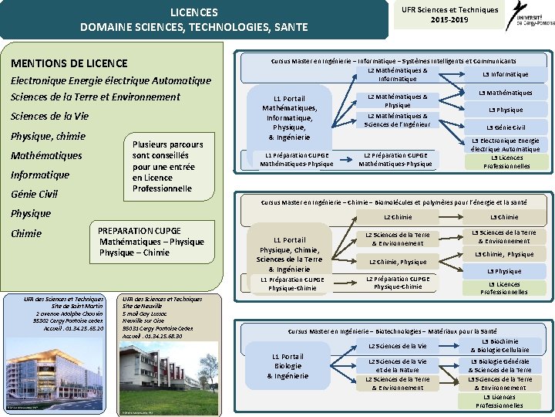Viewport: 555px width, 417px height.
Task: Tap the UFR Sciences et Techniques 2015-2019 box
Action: (449, 14)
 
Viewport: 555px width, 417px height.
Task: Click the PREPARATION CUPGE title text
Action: (140, 230)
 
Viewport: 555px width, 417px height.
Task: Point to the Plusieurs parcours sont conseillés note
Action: (167, 166)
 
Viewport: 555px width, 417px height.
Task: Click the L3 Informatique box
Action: (506, 74)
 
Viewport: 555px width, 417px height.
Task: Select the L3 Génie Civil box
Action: (506, 127)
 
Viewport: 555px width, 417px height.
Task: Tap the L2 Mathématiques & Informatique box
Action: (398, 74)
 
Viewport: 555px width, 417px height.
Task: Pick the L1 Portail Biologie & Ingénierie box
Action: (288, 365)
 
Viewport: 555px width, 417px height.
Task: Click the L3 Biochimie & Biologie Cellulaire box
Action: (505, 345)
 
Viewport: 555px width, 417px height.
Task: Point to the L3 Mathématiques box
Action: (506, 93)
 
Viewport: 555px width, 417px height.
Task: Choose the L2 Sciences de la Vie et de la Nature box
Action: (397, 365)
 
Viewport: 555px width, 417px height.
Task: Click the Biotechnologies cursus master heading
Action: (398, 331)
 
